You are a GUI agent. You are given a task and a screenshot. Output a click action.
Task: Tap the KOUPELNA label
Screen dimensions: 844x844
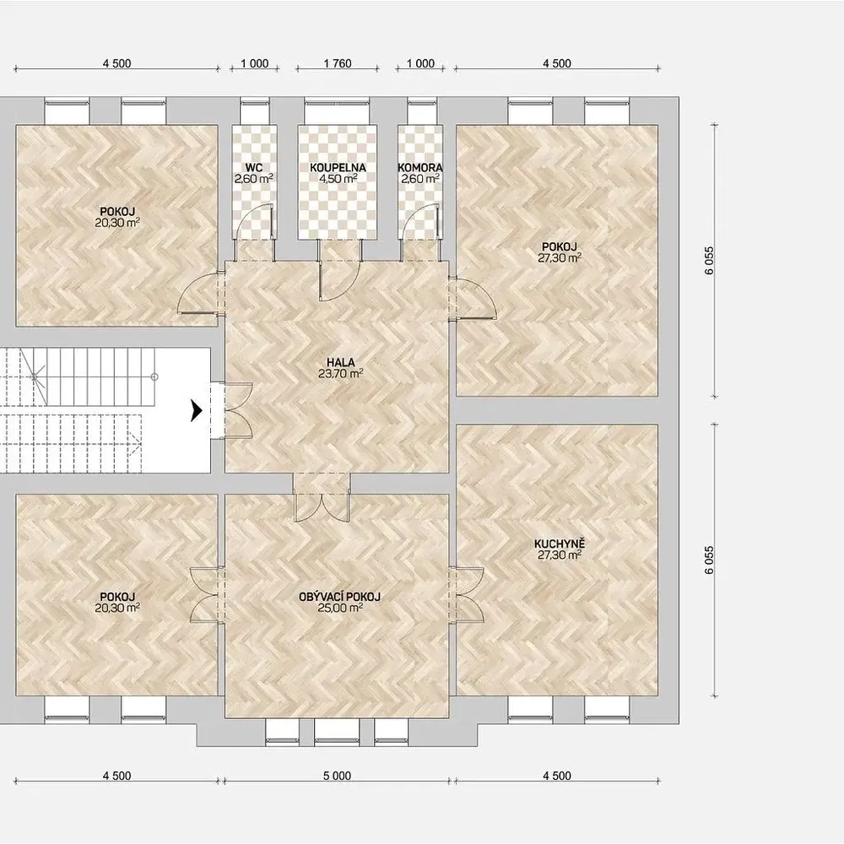(338, 168)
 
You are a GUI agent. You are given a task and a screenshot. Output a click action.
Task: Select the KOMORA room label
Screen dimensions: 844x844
(420, 168)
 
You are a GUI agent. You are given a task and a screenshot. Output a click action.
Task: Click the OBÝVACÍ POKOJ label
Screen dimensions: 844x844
(339, 597)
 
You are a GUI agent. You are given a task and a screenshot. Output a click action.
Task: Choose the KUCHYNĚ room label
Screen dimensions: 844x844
(560, 544)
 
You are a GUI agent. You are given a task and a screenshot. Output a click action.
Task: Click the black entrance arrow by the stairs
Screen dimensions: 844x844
(197, 412)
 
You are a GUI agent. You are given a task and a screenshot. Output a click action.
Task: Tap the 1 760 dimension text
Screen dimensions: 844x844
(338, 63)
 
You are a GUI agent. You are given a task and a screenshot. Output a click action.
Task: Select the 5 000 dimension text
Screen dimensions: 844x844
(337, 776)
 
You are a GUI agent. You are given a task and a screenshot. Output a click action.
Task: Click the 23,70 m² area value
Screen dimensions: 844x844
(340, 374)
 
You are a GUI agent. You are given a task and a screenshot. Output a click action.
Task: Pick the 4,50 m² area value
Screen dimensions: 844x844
(338, 179)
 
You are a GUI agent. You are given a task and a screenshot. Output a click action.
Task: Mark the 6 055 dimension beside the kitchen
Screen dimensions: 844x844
(710, 560)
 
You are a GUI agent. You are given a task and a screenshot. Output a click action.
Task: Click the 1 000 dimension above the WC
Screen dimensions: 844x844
(255, 63)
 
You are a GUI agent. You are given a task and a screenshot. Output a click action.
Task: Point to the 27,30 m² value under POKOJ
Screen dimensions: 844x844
(560, 257)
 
